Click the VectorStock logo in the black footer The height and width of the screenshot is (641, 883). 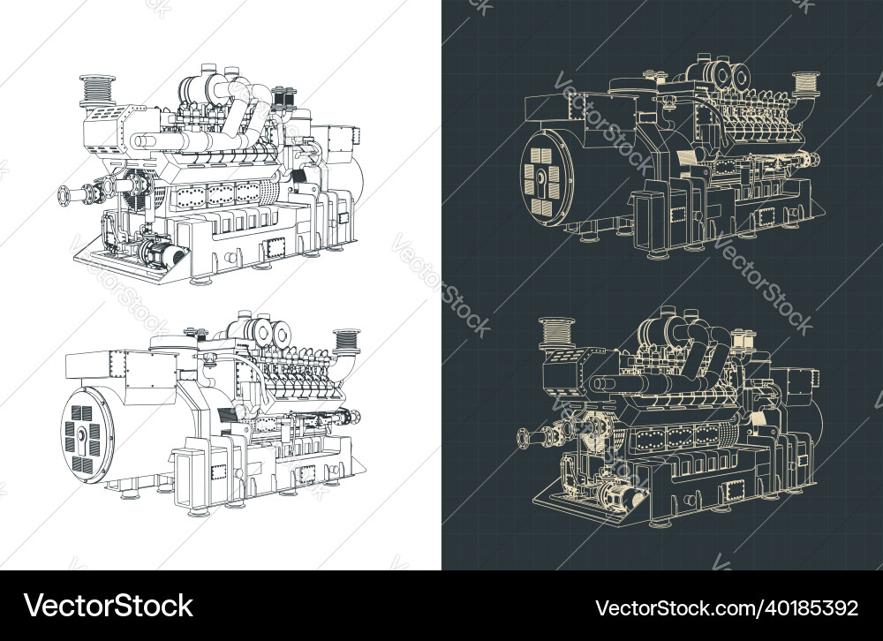pos(109,607)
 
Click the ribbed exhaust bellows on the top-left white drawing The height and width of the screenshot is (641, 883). pos(96,88)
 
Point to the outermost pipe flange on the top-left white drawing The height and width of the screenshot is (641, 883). pos(64,195)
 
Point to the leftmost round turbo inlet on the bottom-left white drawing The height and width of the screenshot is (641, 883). pos(262,331)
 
